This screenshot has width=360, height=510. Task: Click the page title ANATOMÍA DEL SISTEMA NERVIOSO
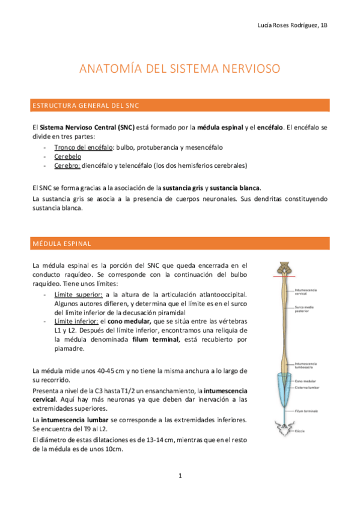[180, 69]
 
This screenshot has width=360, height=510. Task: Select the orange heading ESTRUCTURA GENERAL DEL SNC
[85, 106]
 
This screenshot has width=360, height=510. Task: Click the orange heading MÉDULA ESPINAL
[61, 244]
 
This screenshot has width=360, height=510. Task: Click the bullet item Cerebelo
[67, 156]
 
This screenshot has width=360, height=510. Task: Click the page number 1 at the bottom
[180, 476]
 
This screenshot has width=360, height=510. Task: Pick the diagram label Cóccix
[299, 431]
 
